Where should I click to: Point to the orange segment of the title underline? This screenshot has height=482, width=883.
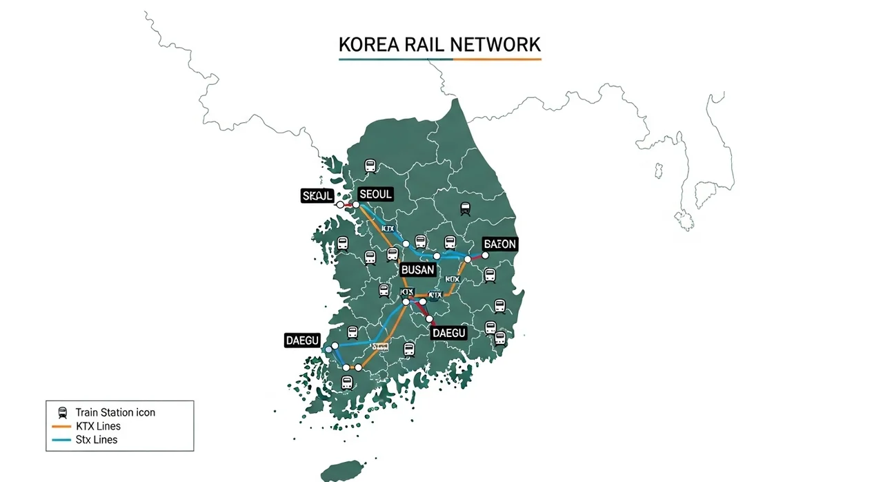[497, 59]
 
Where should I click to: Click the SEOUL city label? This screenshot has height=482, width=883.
[375, 195]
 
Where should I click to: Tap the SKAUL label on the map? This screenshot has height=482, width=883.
[317, 196]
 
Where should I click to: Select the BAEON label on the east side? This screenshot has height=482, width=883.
[499, 244]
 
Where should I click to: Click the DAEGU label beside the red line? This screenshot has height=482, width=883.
[449, 333]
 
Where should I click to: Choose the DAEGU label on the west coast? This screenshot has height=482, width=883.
[302, 340]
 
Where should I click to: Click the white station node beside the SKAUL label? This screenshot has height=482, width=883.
[339, 205]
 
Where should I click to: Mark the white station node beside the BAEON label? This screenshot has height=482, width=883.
[485, 255]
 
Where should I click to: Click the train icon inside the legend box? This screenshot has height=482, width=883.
[63, 412]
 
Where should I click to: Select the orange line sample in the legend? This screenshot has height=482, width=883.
[62, 426]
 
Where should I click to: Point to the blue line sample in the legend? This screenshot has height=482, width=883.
[62, 440]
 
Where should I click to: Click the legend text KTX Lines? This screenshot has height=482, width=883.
[98, 426]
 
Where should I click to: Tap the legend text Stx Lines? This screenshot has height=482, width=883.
[97, 440]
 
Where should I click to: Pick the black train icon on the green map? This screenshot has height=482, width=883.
[465, 207]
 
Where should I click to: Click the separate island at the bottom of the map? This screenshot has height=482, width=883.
[341, 472]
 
